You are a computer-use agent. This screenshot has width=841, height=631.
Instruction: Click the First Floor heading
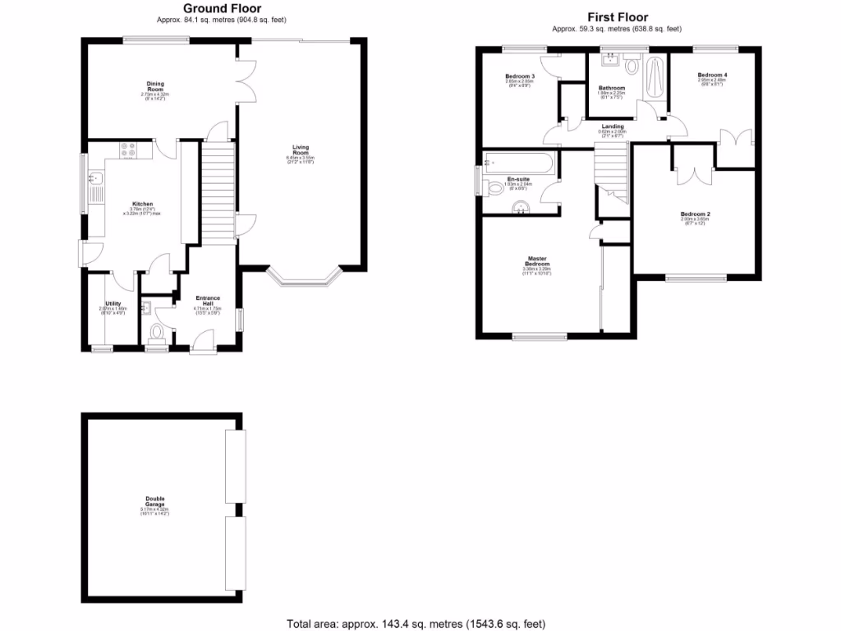click(x=617, y=17)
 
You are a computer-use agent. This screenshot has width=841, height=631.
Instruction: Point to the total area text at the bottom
click(x=416, y=624)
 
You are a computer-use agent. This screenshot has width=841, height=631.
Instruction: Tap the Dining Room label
click(x=155, y=86)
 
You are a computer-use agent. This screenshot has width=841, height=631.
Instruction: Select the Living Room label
click(x=301, y=150)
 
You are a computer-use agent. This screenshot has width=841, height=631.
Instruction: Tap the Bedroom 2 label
click(x=695, y=214)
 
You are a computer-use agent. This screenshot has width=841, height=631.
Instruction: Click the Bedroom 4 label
click(x=712, y=75)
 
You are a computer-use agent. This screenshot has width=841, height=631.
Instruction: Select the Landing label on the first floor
click(x=612, y=126)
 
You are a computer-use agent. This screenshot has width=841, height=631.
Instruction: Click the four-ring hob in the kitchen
click(x=128, y=150)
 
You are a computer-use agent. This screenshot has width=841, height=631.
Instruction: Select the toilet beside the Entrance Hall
click(x=156, y=332)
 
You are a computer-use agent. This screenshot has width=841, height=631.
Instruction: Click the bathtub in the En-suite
click(x=520, y=163)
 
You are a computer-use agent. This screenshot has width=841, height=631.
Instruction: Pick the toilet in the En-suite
click(x=494, y=188)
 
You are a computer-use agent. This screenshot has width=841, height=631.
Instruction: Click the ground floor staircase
click(x=218, y=193)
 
